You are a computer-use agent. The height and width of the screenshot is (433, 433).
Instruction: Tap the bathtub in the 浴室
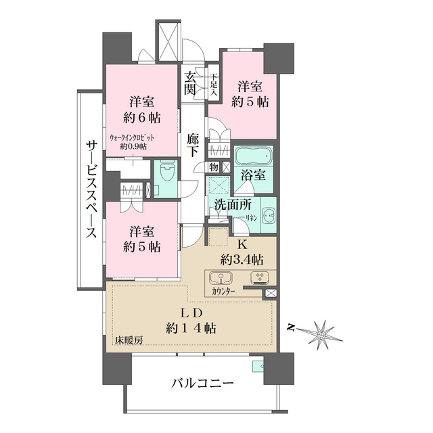pos(253,156)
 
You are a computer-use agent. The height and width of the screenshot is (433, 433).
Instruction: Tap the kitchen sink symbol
pos(221,278)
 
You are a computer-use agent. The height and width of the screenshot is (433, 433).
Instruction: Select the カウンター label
pos(223,292)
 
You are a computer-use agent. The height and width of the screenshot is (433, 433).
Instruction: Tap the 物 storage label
pos(213,166)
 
